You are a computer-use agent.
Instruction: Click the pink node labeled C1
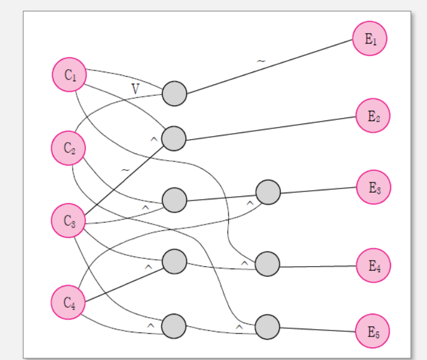[69, 75]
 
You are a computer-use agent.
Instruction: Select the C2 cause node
[68, 148]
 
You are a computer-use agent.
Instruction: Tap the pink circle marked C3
[68, 221]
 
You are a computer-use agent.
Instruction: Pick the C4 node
[68, 303]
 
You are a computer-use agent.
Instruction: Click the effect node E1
[369, 39]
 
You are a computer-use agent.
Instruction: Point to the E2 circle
[373, 115]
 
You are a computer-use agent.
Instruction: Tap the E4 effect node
[373, 265]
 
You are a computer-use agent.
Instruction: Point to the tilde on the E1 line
[260, 61]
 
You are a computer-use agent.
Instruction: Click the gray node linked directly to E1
[174, 94]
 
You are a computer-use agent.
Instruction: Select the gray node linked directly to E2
[174, 138]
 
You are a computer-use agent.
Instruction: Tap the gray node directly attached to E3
[268, 192]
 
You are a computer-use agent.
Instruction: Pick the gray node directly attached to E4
[268, 264]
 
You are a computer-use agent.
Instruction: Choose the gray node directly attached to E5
[268, 327]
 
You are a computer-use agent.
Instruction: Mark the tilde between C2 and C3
[124, 170]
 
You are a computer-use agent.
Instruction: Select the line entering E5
[319, 329]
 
